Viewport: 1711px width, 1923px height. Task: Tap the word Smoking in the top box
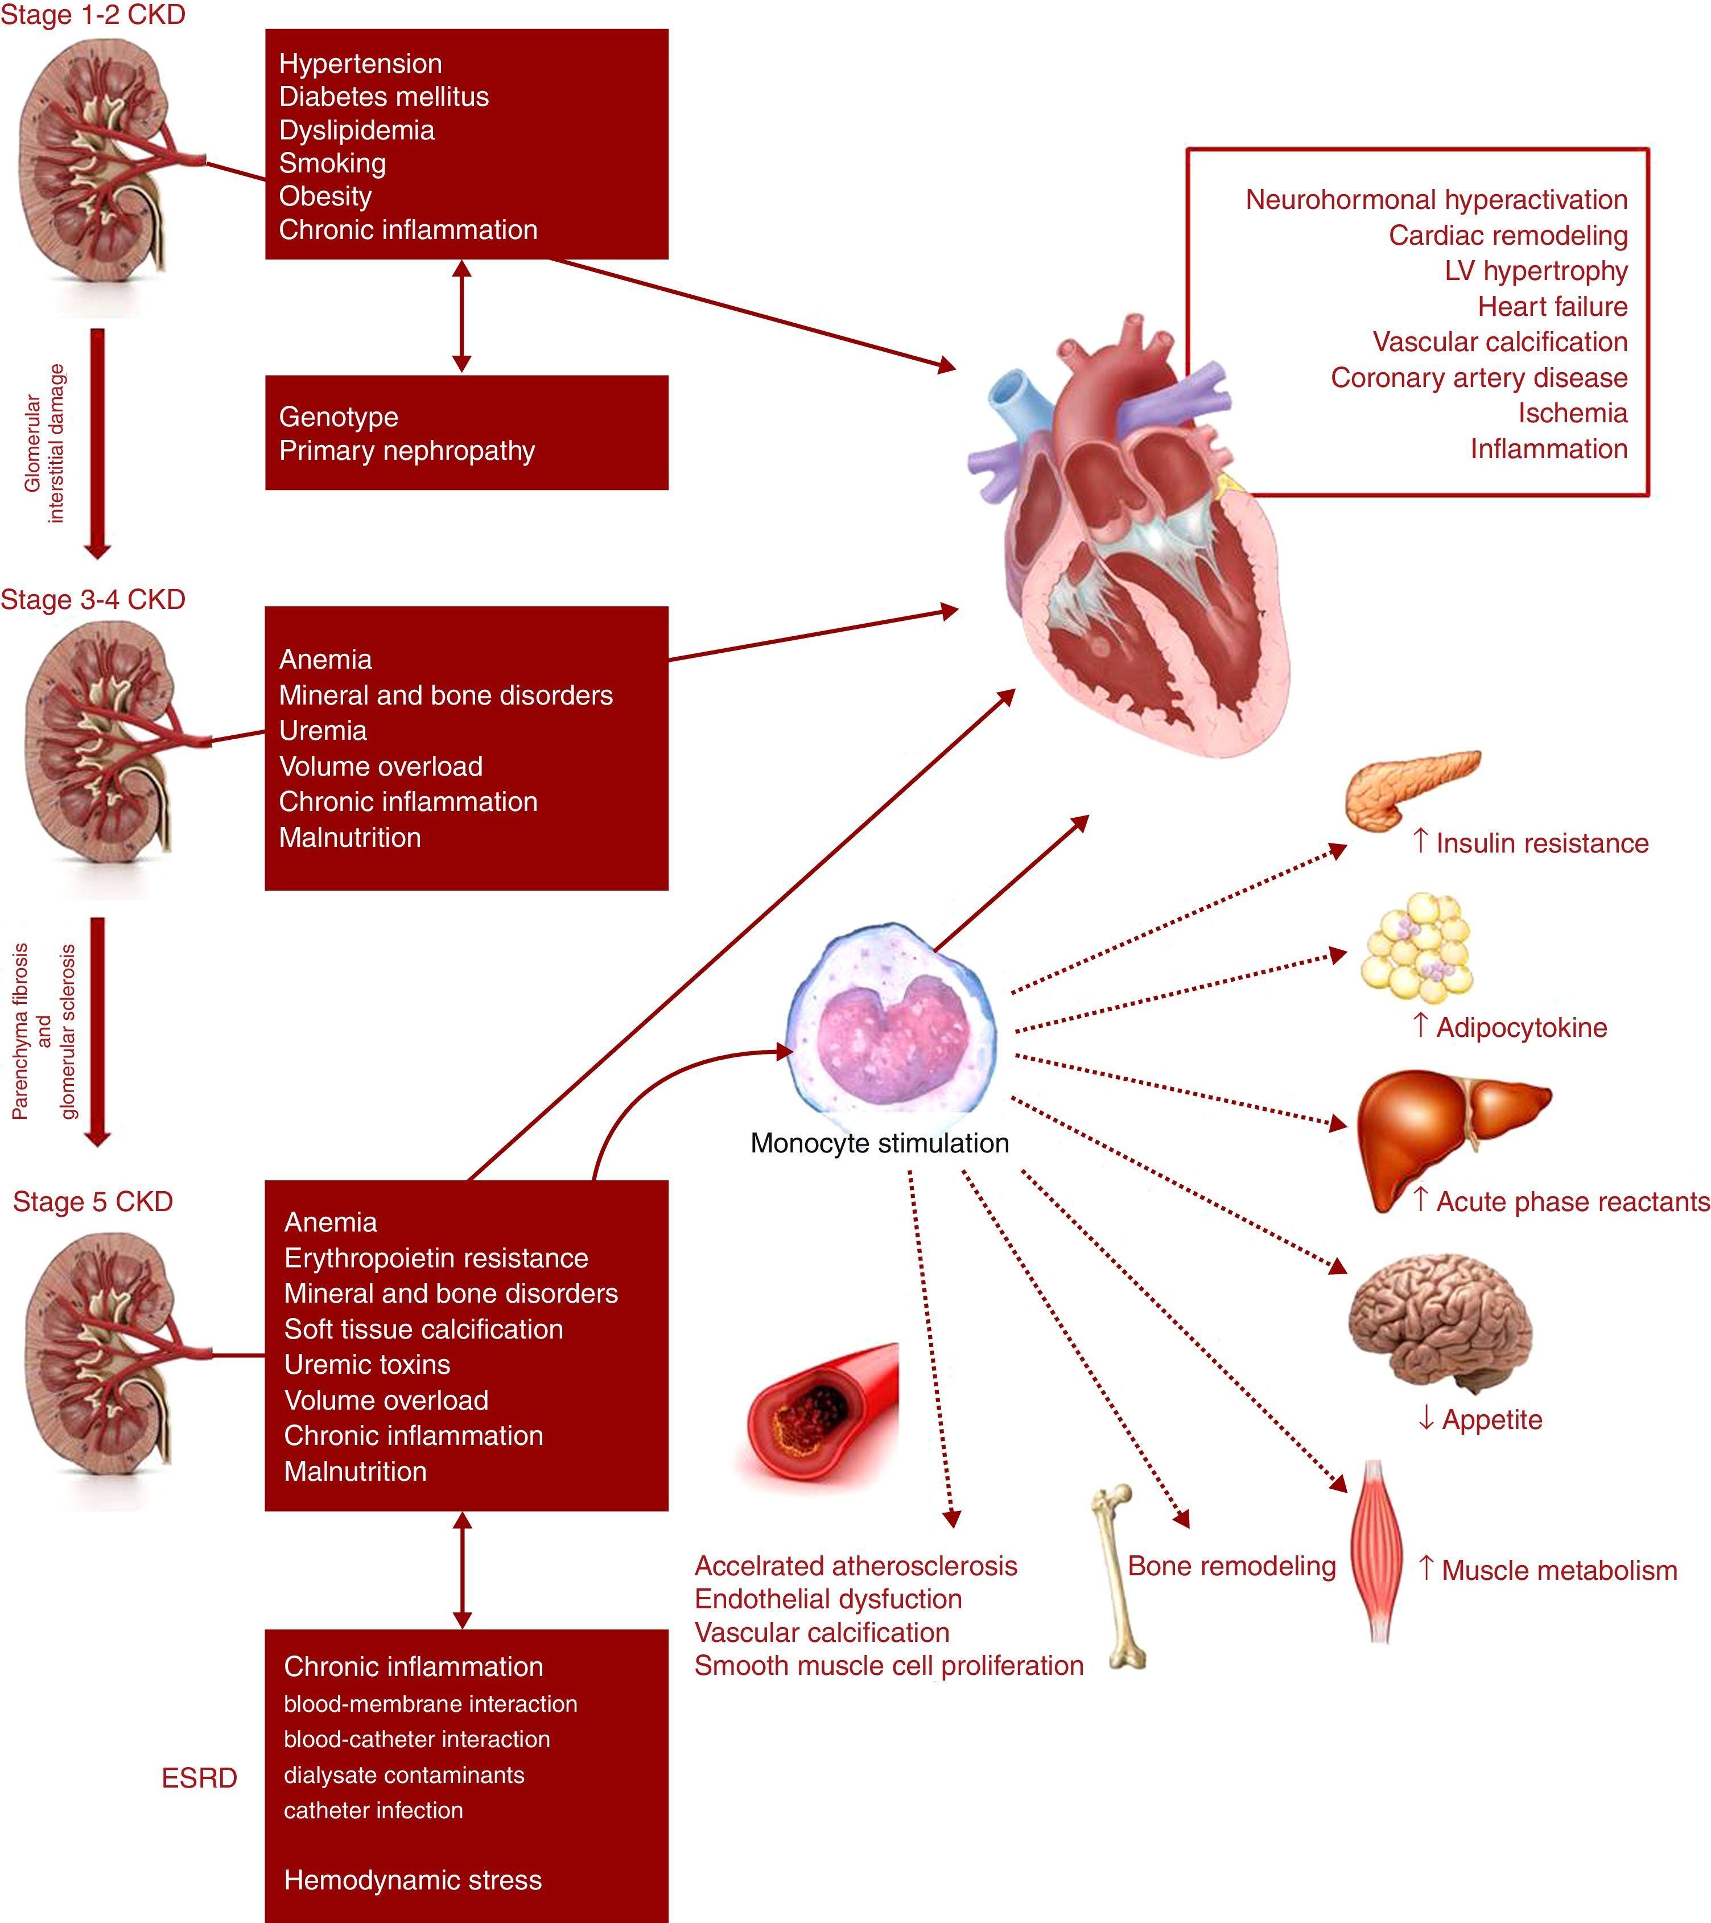pos(332,164)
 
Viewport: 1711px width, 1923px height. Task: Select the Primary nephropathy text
pos(406,451)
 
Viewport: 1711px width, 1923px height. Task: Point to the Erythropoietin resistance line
pos(435,1258)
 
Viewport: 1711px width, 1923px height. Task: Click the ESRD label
pos(199,1778)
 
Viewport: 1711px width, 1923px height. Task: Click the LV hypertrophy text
pos(1535,271)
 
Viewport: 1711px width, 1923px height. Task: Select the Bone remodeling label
pos(1231,1566)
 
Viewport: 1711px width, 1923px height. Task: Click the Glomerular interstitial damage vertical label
pos(45,442)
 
